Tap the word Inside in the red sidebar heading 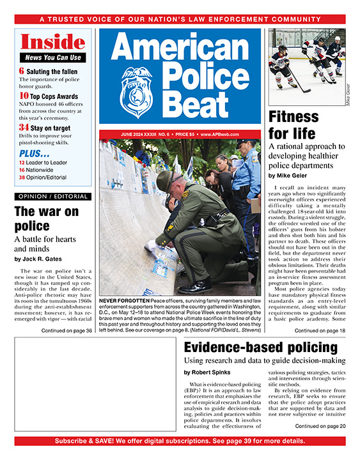coord(53,42)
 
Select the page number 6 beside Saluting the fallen coord(22,71)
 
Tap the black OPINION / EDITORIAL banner coord(53,196)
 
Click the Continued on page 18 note coord(320,331)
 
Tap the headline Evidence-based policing coord(260,348)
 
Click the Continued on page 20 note coord(320,426)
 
